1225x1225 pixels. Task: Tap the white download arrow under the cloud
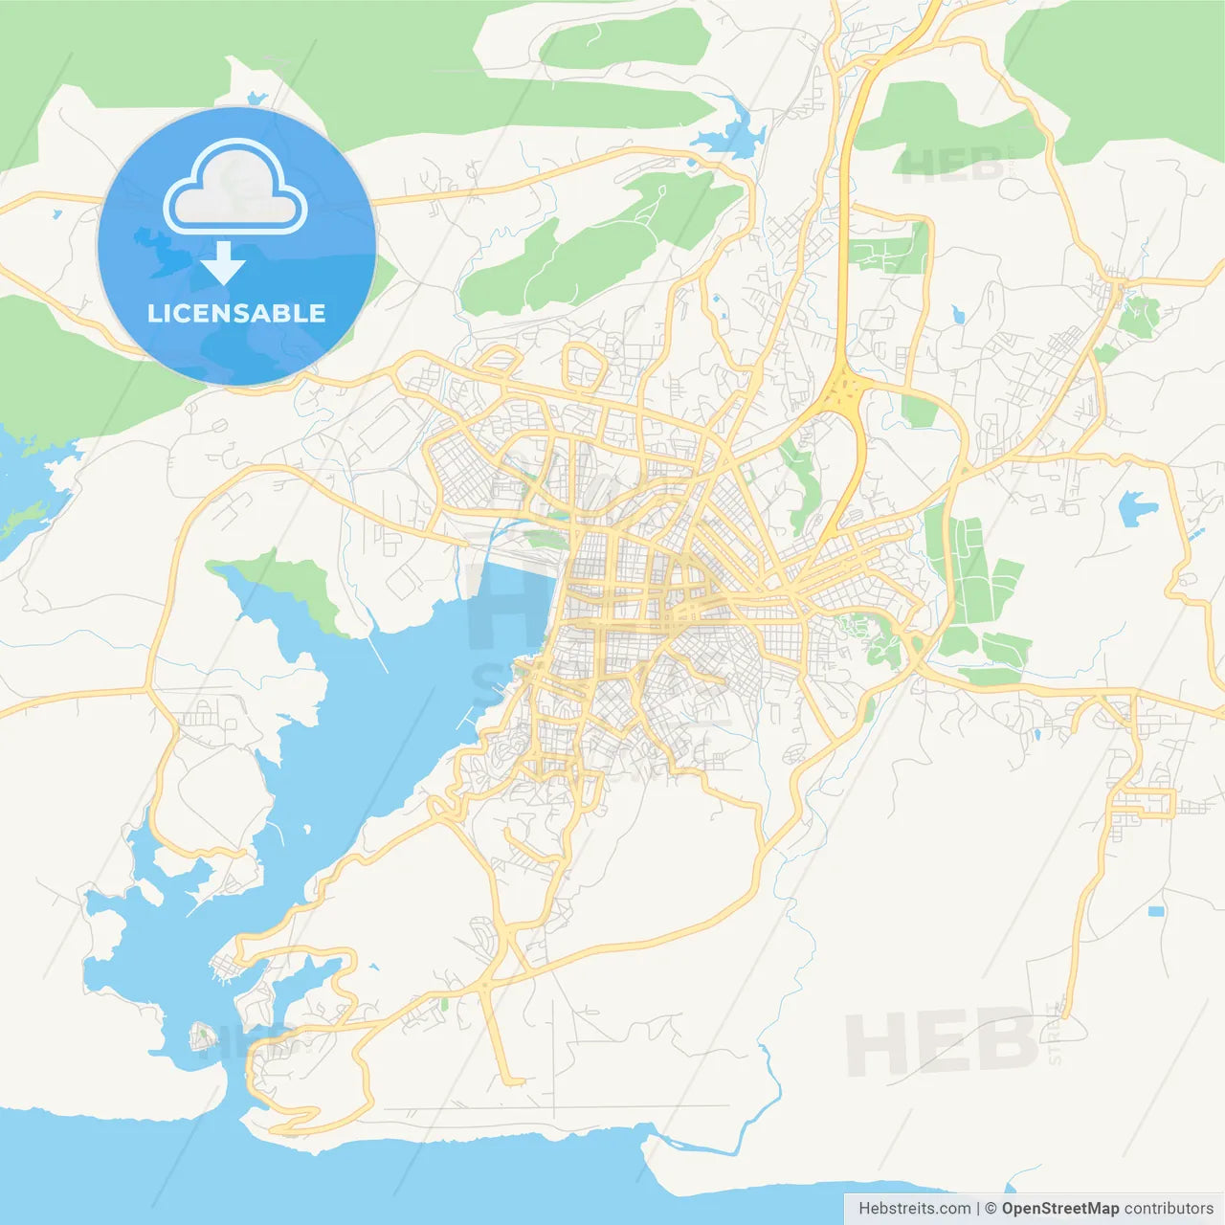pyautogui.click(x=223, y=263)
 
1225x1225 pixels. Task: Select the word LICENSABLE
pyautogui.click(x=236, y=313)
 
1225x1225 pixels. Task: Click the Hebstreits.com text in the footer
pyautogui.click(x=914, y=1209)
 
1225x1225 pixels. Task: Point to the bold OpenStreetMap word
pyautogui.click(x=1060, y=1209)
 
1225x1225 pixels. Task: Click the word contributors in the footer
pyautogui.click(x=1169, y=1209)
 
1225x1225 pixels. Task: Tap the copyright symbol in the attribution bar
pyautogui.click(x=991, y=1209)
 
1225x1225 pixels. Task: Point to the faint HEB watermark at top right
pyautogui.click(x=952, y=165)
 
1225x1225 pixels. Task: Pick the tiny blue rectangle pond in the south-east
pyautogui.click(x=1156, y=910)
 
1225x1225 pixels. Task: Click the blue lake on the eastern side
pyautogui.click(x=1135, y=508)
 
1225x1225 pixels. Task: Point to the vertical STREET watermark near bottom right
pyautogui.click(x=1056, y=1034)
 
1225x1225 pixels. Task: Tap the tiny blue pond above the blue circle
pyautogui.click(x=256, y=98)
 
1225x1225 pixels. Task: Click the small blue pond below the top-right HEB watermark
pyautogui.click(x=958, y=313)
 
